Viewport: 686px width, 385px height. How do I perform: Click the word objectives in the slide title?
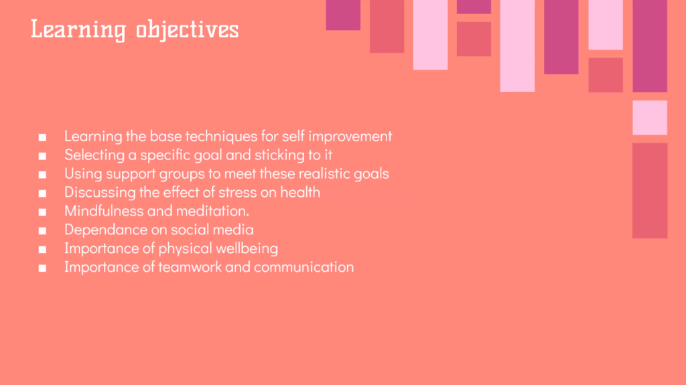188,30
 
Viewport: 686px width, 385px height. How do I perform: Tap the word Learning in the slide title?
78,30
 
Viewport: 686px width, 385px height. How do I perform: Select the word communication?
303,267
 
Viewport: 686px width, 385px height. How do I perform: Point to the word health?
300,193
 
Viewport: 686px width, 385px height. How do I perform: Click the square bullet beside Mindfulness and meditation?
42,212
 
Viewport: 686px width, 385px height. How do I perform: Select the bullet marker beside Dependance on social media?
42,231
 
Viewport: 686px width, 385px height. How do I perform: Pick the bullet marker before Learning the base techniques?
42,137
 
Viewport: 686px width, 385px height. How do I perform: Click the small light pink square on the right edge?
650,118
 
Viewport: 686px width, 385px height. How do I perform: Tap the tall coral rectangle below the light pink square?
650,191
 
